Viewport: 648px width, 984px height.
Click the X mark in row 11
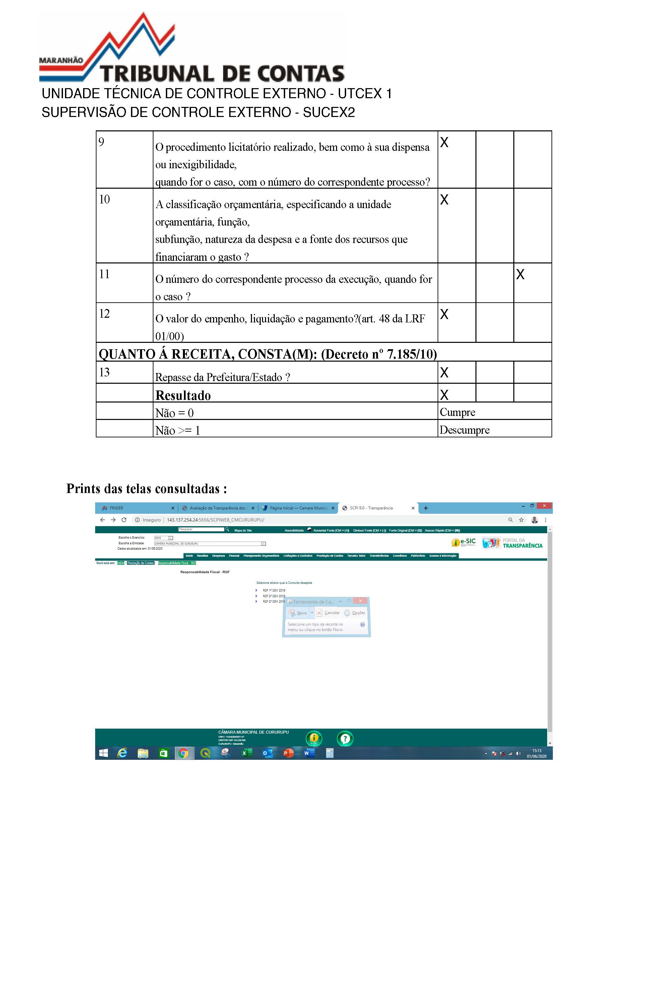tap(520, 274)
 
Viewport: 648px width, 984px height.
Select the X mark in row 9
tap(444, 143)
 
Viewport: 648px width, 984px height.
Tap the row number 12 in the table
tap(104, 314)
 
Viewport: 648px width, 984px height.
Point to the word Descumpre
tap(464, 430)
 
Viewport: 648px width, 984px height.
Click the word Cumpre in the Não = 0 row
tap(457, 412)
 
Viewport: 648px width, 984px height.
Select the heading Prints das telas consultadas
tap(147, 489)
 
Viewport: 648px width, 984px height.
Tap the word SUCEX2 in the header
tap(329, 113)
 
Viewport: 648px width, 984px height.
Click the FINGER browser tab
tap(117, 508)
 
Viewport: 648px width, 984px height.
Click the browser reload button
tap(124, 520)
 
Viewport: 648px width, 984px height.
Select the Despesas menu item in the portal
tap(218, 556)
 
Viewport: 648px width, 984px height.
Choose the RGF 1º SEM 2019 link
tap(274, 591)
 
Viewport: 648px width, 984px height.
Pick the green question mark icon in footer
tap(345, 738)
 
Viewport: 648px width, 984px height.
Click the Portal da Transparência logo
tap(512, 543)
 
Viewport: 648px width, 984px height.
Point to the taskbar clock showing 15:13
tap(536, 753)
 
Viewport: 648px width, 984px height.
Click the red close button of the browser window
tap(544, 506)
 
